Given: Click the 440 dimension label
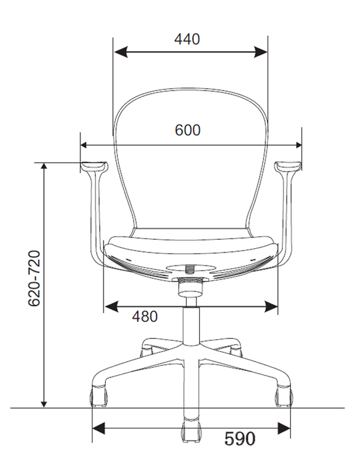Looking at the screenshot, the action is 187,39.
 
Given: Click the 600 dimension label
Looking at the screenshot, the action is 188,130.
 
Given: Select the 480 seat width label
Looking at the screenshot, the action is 145,316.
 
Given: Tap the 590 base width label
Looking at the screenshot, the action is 240,438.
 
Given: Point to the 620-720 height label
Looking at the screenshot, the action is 34,278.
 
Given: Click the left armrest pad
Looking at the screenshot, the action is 93,166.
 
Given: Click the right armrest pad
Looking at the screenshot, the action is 289,166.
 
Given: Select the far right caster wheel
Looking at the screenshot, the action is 284,397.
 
